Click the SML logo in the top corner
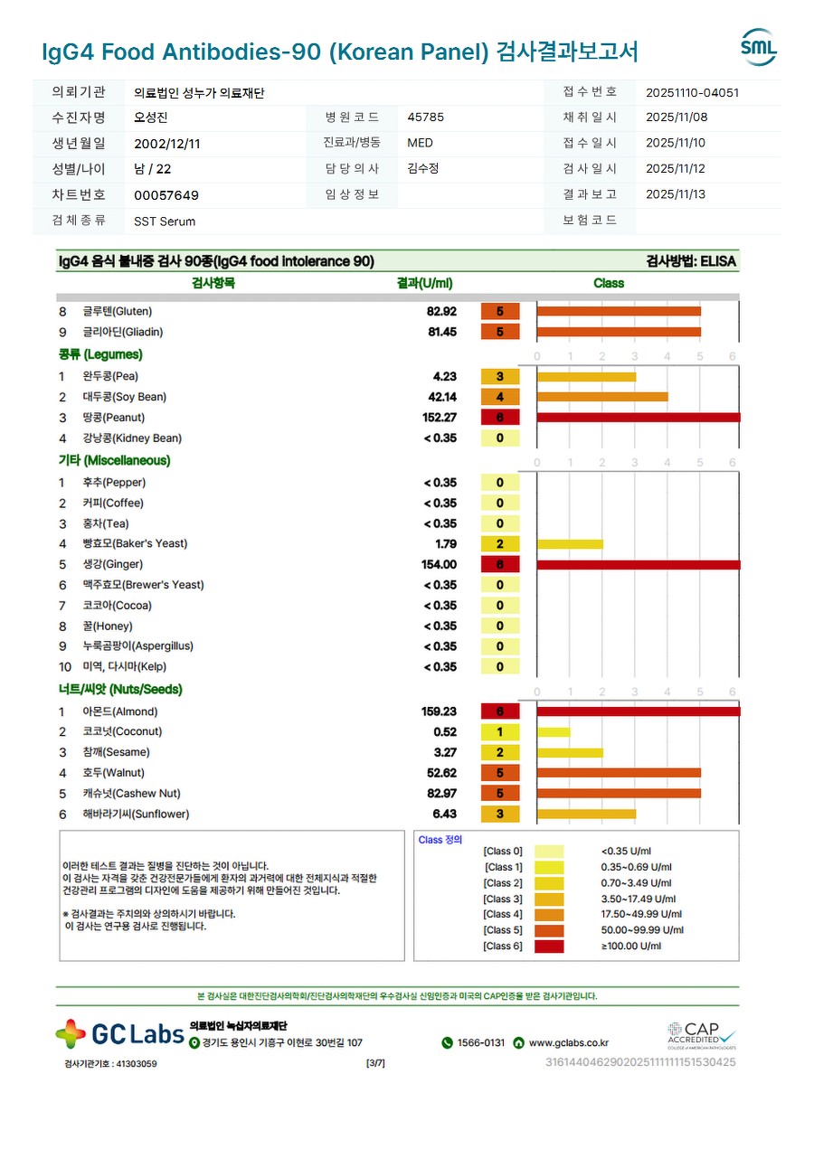[758, 47]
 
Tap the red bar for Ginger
[638, 564]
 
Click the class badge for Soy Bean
[500, 397]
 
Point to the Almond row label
[119, 711]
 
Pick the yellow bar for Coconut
[554, 732]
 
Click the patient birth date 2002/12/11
[167, 143]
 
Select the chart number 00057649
[166, 195]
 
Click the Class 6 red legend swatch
[548, 947]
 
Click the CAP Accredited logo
[701, 1034]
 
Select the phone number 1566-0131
[480, 1042]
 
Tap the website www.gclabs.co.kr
[568, 1042]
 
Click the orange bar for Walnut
[619, 773]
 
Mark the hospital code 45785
[425, 117]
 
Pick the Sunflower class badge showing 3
[500, 815]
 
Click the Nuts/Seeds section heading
[120, 689]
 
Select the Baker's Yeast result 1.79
[445, 544]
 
